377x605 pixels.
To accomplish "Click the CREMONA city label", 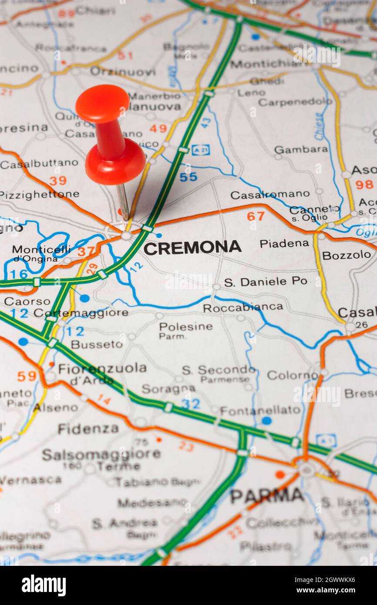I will [192, 248].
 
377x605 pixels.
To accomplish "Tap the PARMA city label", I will [266, 495].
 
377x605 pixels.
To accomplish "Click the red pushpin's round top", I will [102, 103].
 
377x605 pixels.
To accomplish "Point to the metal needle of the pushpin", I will [123, 201].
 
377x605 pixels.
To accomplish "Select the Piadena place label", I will [284, 243].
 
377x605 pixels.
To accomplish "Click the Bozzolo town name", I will [346, 255].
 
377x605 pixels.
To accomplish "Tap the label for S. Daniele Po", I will [266, 282].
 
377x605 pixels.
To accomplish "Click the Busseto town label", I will [97, 344].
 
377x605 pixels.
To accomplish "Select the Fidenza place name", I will [88, 429].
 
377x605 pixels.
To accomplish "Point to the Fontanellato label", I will [260, 410].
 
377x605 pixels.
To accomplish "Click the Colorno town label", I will [293, 375].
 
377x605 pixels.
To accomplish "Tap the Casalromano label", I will [270, 195].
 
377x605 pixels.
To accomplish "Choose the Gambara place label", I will [301, 149].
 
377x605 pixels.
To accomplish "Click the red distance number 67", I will [256, 215].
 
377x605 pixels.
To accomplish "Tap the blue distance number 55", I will [188, 177].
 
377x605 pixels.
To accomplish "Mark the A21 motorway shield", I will [200, 149].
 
